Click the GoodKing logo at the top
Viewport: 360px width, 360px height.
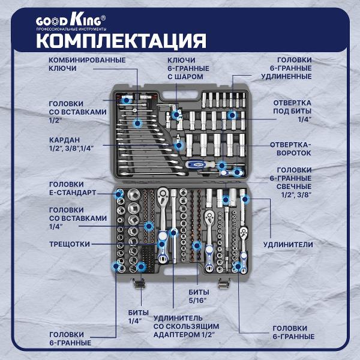(x=71, y=20)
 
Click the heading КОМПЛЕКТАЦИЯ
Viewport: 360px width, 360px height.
(x=121, y=41)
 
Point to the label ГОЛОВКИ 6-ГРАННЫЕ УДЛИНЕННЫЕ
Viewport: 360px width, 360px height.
(x=290, y=68)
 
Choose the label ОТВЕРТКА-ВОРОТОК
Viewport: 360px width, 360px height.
(x=290, y=149)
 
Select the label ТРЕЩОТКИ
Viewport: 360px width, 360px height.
(x=70, y=244)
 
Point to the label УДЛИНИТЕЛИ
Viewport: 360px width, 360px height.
(x=287, y=245)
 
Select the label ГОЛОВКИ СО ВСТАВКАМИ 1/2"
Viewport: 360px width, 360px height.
(x=77, y=112)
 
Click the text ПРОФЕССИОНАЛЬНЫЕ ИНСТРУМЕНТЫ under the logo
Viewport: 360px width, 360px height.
(x=71, y=29)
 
